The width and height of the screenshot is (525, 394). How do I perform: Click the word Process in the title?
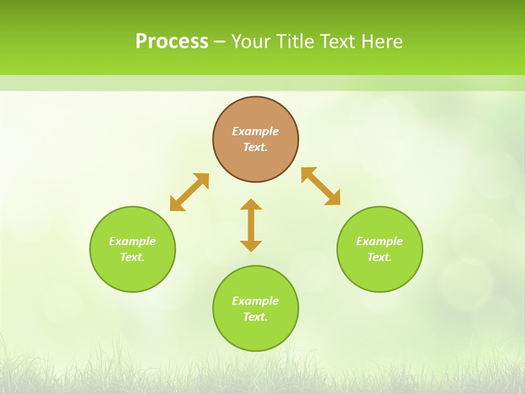(x=172, y=42)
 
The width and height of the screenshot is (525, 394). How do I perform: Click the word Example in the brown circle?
(x=255, y=131)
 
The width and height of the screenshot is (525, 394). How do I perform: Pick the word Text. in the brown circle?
(x=255, y=147)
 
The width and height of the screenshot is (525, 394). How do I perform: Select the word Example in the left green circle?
(x=132, y=241)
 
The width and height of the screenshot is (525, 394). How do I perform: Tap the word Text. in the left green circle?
(x=132, y=257)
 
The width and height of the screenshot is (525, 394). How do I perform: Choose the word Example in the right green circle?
(x=380, y=241)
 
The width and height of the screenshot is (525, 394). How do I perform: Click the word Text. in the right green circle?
(x=380, y=257)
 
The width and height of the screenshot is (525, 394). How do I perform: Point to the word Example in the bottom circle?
(x=255, y=301)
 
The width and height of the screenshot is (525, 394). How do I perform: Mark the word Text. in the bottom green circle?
(x=255, y=317)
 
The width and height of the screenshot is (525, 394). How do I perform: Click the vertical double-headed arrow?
(x=251, y=225)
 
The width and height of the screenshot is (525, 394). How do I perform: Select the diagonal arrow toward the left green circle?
(x=189, y=192)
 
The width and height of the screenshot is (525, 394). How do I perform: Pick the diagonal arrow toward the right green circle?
(x=321, y=186)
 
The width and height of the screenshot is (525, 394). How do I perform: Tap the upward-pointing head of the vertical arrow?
(x=251, y=204)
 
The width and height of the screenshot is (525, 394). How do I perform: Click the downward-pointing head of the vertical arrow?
(x=251, y=246)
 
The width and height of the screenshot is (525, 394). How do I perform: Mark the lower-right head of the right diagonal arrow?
(x=334, y=199)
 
